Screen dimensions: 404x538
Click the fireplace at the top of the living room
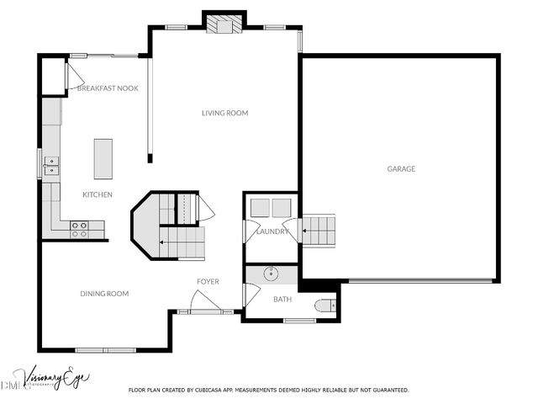click(x=224, y=24)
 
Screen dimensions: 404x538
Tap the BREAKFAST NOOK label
click(x=108, y=88)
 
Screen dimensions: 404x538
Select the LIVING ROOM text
click(x=224, y=113)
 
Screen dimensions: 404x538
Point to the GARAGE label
click(x=401, y=169)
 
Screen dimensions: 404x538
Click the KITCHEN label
click(x=98, y=195)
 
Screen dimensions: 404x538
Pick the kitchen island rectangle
click(x=103, y=159)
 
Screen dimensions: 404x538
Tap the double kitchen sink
click(x=51, y=165)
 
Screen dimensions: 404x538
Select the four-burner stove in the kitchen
click(x=80, y=229)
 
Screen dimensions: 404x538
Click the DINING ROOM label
click(x=104, y=294)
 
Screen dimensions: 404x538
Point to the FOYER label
click(x=208, y=281)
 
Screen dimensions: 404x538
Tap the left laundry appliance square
click(x=260, y=208)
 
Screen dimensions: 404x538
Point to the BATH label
click(x=282, y=299)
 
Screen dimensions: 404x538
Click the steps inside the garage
click(x=318, y=229)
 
